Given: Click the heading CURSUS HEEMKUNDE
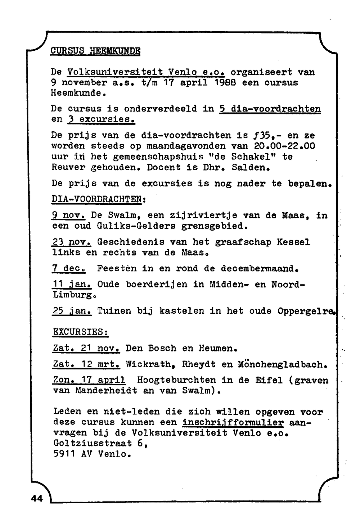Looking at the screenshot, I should pos(95,50).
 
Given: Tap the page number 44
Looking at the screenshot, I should pos(37,498).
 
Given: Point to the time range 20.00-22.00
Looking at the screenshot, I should pos(285,146).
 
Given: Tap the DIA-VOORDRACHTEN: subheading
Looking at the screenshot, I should pos(99,199).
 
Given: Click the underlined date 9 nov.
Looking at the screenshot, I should pos(68,215).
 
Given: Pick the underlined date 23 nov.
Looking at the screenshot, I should pos(71,242).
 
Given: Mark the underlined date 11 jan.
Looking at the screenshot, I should pos(72,285).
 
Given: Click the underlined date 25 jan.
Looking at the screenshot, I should pos(72,311).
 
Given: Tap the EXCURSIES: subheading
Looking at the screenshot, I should pos(81,332).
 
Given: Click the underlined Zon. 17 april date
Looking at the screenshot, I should pos(89,380).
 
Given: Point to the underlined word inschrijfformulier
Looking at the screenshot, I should pos(233,422).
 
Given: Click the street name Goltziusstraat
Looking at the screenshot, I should pos(92,444).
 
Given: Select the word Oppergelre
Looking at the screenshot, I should pos(306,311).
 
